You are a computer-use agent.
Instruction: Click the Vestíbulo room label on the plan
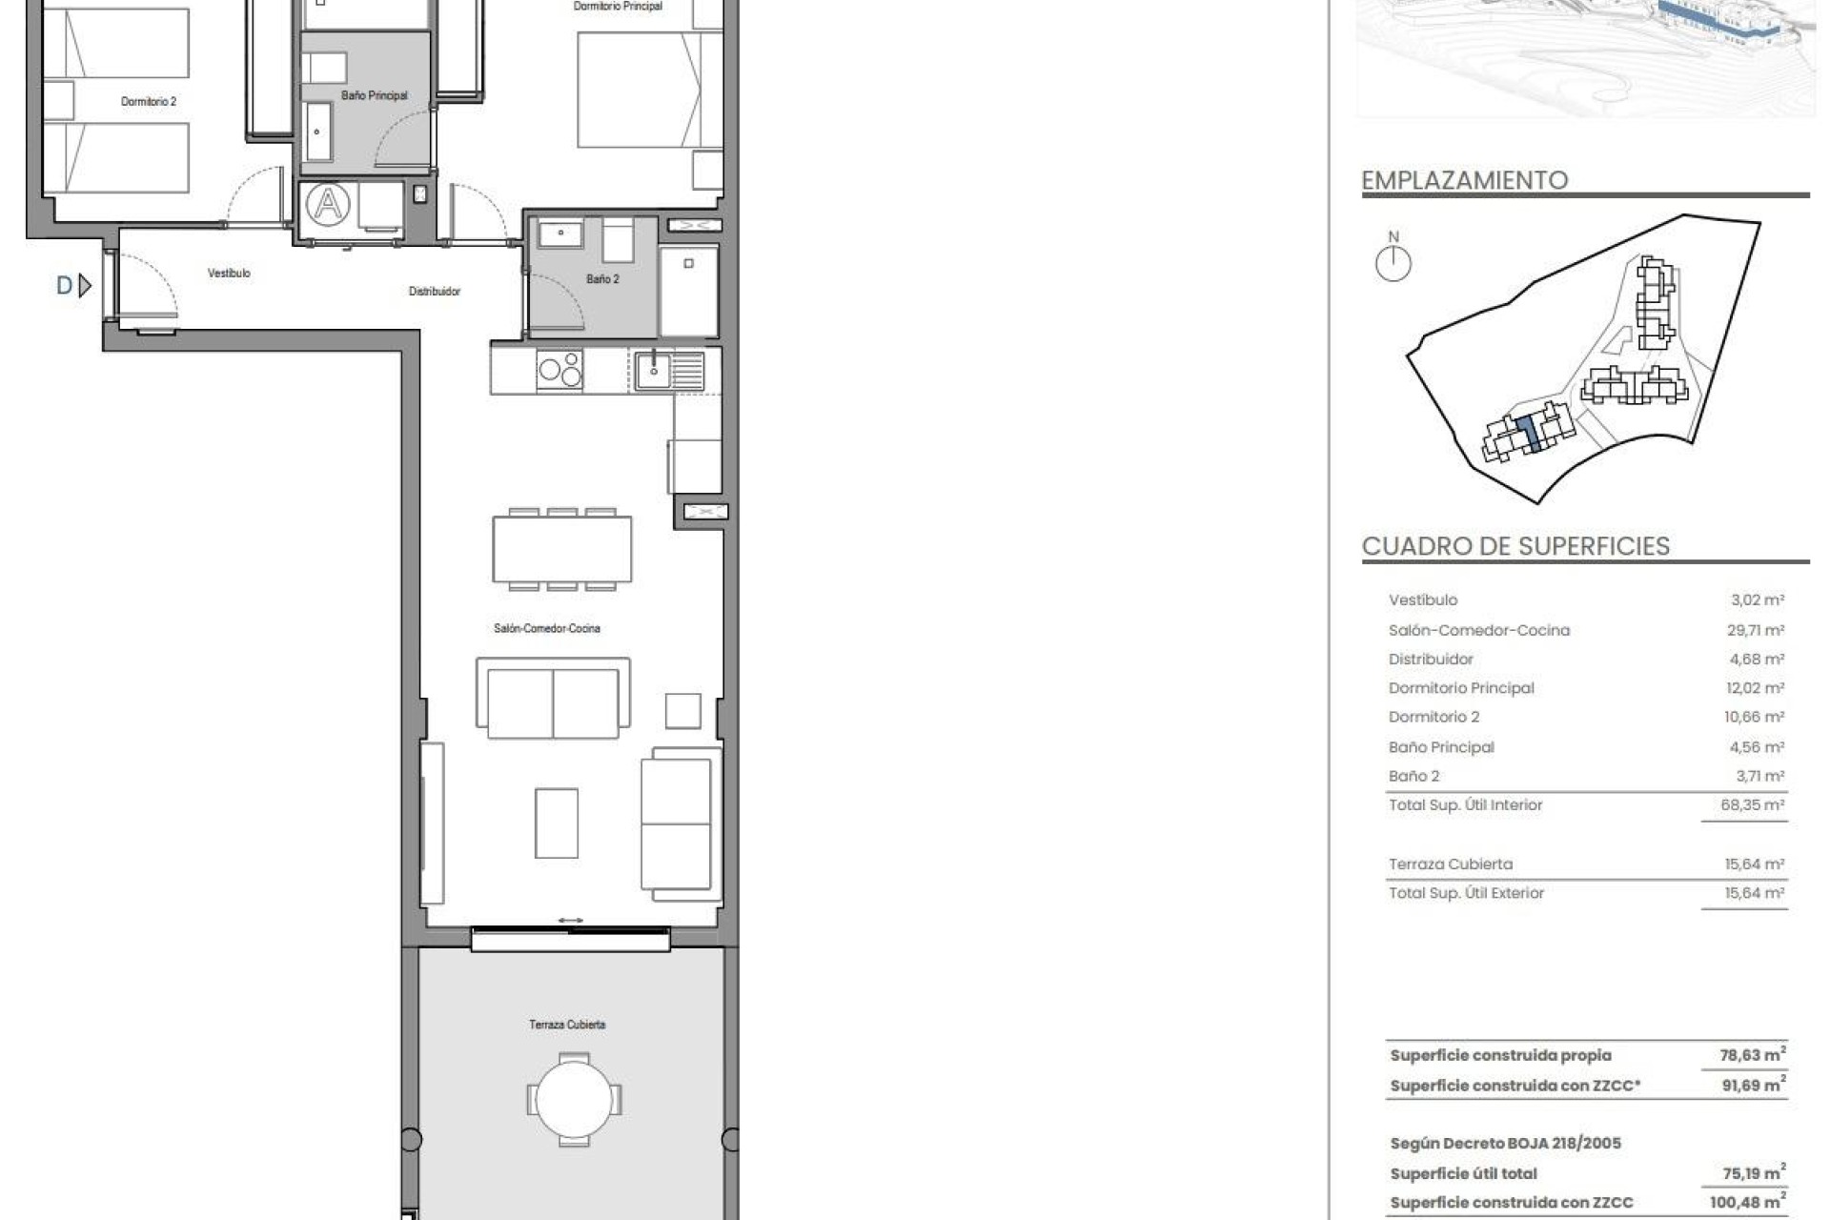click(229, 274)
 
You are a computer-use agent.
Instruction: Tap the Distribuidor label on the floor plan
click(435, 292)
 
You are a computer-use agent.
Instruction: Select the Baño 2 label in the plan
click(602, 279)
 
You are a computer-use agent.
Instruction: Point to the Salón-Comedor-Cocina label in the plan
click(547, 628)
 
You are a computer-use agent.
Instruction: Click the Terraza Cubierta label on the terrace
click(567, 1025)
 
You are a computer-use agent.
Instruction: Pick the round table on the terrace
click(574, 1100)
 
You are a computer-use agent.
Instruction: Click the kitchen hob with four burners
click(559, 370)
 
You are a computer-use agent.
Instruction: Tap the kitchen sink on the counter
click(654, 370)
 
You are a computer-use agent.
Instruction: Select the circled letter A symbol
click(328, 204)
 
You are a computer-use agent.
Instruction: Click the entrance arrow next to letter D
click(85, 285)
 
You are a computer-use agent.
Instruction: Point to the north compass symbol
click(1393, 263)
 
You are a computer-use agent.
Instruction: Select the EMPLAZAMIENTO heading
click(1464, 180)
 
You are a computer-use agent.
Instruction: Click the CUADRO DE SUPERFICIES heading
click(1515, 546)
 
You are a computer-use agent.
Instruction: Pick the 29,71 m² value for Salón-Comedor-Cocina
click(1757, 630)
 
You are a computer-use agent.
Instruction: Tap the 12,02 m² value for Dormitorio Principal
click(1757, 688)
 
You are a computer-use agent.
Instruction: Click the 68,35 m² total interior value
click(1752, 805)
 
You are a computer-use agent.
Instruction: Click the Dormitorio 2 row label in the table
click(1433, 717)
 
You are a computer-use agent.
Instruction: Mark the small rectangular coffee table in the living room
click(556, 823)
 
